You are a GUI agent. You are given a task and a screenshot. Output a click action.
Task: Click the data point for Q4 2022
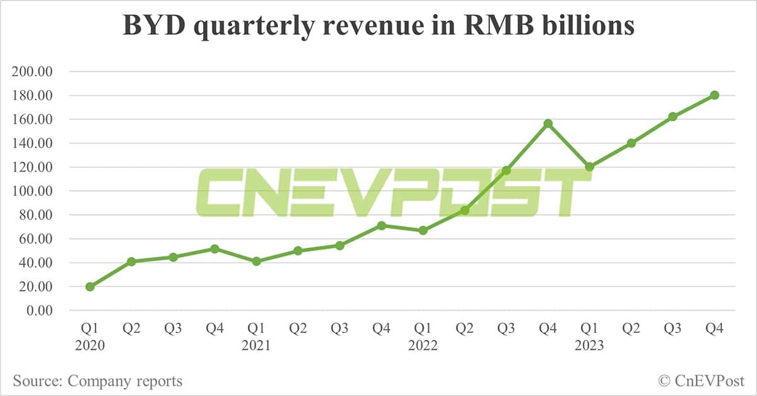[x=548, y=123]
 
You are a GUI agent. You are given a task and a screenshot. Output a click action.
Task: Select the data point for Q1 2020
[x=90, y=287]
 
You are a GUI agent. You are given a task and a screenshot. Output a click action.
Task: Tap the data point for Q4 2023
[x=714, y=95]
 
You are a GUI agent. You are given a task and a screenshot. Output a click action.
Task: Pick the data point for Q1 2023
[x=589, y=167]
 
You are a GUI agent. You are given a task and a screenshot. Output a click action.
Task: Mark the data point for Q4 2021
[x=381, y=225]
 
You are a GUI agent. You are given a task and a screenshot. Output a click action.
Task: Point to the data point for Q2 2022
[x=464, y=210]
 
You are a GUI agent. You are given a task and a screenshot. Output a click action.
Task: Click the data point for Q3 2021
[x=339, y=245]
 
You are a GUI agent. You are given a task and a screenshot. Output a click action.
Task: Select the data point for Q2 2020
[x=131, y=261]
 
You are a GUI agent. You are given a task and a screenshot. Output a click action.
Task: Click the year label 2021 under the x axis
[x=256, y=346]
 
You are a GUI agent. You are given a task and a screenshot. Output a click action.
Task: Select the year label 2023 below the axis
[x=589, y=346]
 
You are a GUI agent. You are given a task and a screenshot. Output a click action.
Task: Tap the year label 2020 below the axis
[x=90, y=346]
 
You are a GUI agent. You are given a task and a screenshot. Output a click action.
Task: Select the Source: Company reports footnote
[x=98, y=381]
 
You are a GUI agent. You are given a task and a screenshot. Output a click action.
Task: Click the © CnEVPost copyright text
[x=701, y=381]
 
